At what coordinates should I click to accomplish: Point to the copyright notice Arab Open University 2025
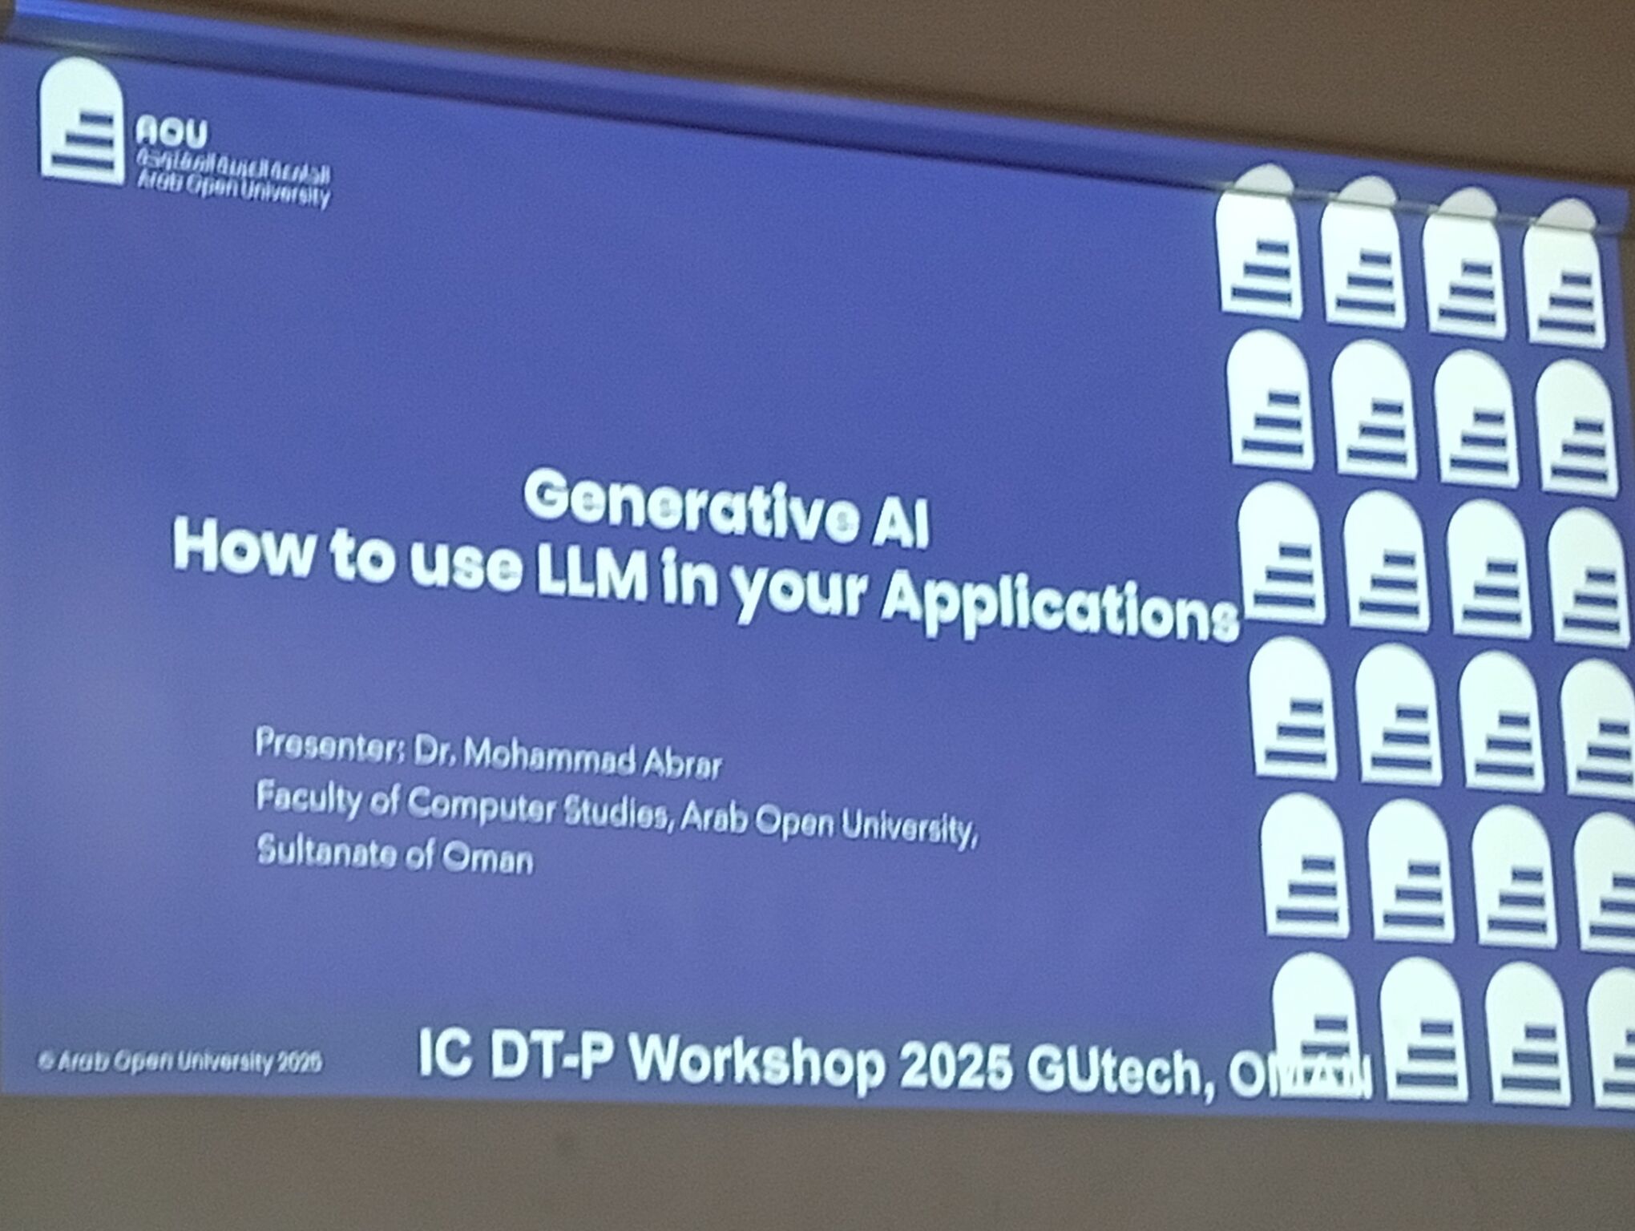click(x=180, y=1063)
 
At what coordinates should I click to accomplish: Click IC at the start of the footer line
click(x=439, y=1055)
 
